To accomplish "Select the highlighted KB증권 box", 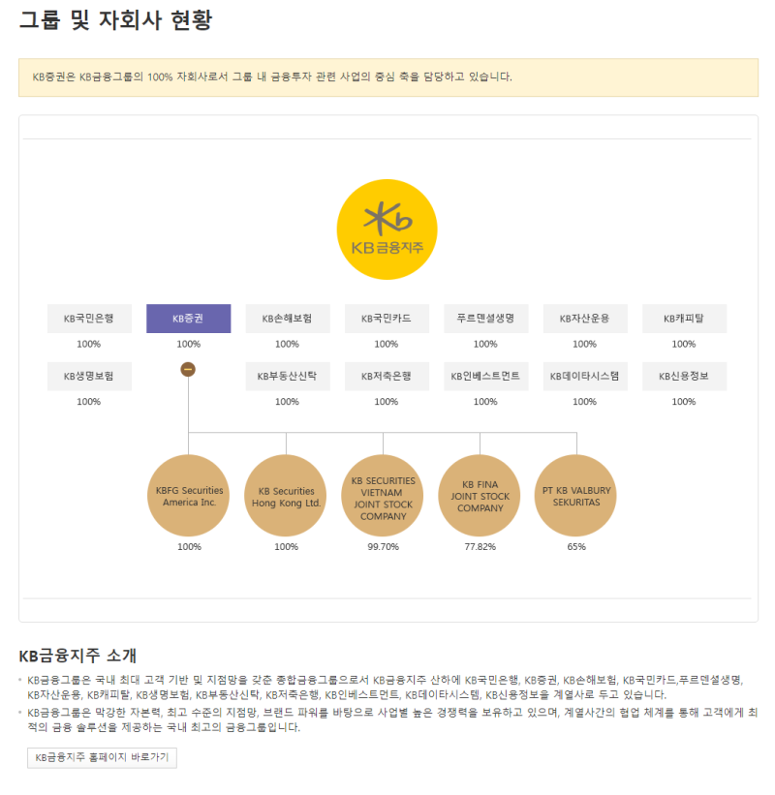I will [x=188, y=319].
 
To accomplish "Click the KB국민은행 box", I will [x=89, y=319].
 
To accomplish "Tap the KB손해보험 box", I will [x=287, y=319].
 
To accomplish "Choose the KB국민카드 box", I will [x=387, y=319].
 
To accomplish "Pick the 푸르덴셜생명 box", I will [x=485, y=319].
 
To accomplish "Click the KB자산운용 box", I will [x=584, y=319].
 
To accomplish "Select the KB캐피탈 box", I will [x=684, y=319].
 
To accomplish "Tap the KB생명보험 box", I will [x=89, y=376].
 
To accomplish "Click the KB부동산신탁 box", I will [x=287, y=376].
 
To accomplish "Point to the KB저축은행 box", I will [x=387, y=376].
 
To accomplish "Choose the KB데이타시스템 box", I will [x=584, y=376].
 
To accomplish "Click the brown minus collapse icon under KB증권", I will [x=188, y=369].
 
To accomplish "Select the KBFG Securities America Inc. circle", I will [x=189, y=496].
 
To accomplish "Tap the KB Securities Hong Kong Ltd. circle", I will [x=286, y=496].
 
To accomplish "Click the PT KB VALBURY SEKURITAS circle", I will [x=576, y=496].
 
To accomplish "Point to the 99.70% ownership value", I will [x=383, y=547].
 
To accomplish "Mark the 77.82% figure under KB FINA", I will [x=480, y=547].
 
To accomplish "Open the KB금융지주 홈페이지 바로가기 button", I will [x=102, y=757].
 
